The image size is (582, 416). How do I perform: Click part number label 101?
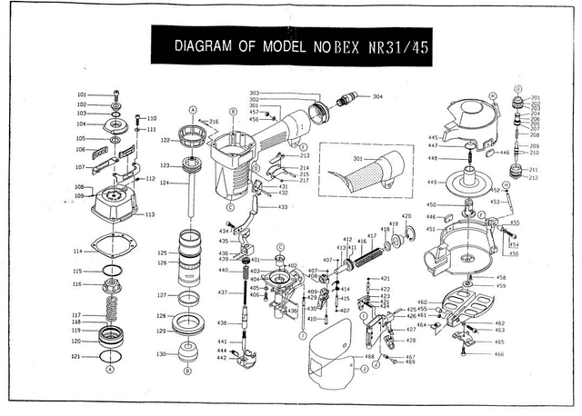click(x=81, y=94)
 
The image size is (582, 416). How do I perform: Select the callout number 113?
click(x=149, y=214)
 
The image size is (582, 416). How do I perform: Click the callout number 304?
click(x=377, y=96)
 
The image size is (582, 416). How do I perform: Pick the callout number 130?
click(x=161, y=354)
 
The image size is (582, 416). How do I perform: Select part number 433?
click(x=284, y=208)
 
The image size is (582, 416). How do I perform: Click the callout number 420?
click(x=406, y=216)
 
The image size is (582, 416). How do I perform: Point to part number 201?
click(x=536, y=98)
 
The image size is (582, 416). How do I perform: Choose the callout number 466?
click(x=499, y=354)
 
